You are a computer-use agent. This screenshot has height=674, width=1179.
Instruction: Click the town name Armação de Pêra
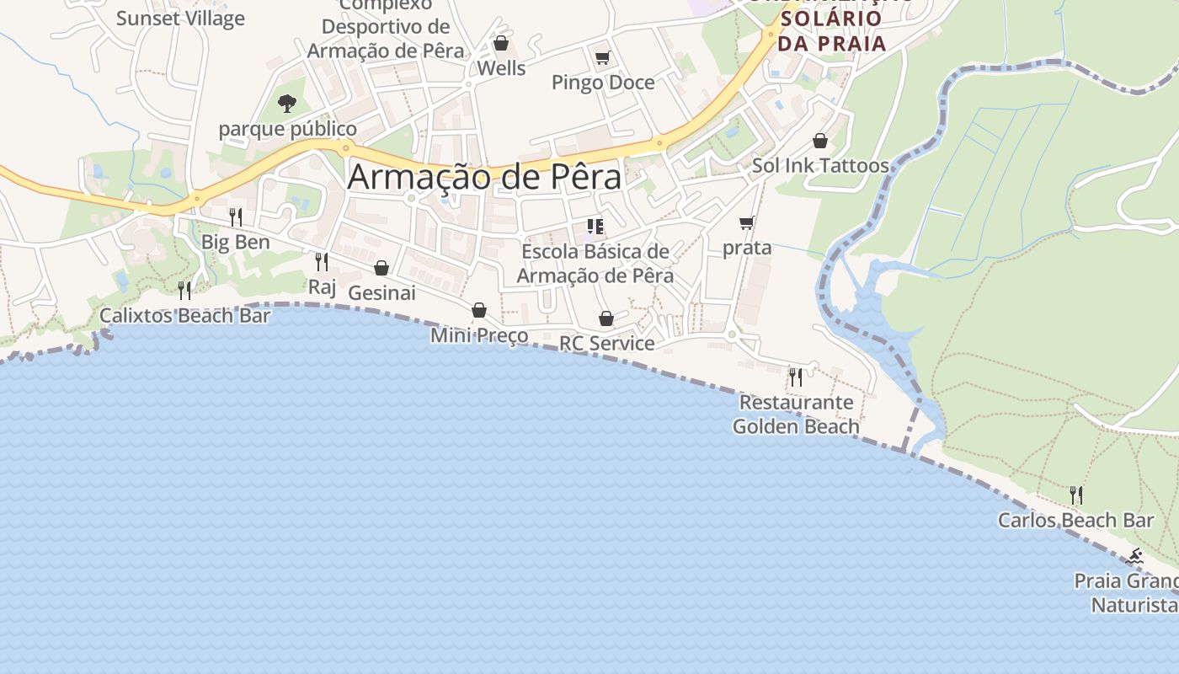[484, 177]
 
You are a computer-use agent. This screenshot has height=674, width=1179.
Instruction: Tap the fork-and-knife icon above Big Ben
[236, 217]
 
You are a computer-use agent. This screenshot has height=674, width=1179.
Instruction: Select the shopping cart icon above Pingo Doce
[602, 58]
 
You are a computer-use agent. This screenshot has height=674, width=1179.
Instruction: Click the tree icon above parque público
[287, 104]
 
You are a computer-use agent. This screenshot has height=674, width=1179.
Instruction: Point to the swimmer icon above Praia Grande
[1135, 556]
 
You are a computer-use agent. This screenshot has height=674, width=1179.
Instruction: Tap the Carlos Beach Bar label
[1075, 520]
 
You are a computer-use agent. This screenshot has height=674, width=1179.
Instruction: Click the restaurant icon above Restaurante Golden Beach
[795, 377]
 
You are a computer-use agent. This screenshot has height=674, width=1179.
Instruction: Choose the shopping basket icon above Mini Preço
[479, 310]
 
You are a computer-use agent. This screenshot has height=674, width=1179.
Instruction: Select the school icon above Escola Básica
[595, 227]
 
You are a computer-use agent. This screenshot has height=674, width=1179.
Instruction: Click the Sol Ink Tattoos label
[820, 165]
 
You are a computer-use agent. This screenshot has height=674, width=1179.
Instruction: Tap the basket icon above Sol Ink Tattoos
[820, 141]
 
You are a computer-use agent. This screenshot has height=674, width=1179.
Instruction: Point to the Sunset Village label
[180, 19]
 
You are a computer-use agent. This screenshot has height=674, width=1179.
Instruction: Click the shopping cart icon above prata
[746, 223]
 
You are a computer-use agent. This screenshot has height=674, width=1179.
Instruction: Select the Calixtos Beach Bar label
[184, 316]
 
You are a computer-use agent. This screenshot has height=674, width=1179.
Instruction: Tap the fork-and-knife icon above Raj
[321, 262]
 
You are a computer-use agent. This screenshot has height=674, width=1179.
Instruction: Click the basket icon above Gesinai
[381, 268]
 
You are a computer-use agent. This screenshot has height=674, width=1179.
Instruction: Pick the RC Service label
[606, 343]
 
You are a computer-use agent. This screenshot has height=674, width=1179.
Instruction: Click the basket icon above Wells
[501, 43]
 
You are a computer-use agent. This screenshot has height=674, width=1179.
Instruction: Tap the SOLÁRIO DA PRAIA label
[832, 30]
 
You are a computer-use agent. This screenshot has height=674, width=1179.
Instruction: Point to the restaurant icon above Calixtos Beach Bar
[184, 291]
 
